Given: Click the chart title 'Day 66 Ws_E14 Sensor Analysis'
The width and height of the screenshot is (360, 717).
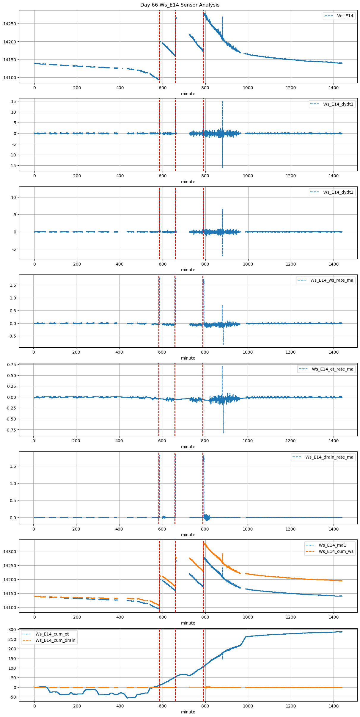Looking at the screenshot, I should point(180,5).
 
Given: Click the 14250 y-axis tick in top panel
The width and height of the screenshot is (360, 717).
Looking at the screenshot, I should point(10,24).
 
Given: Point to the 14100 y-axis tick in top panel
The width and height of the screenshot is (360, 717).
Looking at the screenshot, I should point(10,78).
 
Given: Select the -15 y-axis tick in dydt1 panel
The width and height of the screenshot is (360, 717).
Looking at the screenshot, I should point(13,166).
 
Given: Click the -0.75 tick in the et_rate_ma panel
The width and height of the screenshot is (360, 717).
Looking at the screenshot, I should point(11,430).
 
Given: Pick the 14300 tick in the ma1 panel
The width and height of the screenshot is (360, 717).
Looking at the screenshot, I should point(10,552).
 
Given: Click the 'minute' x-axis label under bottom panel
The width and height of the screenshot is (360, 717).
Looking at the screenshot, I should point(188,712).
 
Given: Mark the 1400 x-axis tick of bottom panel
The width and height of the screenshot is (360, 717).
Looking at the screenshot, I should point(334,706).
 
